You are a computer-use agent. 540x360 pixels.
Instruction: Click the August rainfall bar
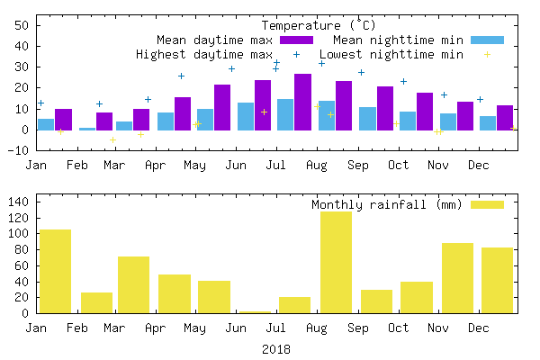(x=336, y=263)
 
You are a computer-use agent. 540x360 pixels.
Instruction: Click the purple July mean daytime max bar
(x=263, y=105)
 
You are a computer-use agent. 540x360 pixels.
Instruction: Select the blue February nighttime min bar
(x=86, y=129)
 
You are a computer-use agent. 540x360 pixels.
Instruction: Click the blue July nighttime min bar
(x=285, y=114)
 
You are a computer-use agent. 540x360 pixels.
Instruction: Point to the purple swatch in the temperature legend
(x=296, y=40)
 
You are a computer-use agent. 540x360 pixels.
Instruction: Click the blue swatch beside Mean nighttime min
(x=488, y=40)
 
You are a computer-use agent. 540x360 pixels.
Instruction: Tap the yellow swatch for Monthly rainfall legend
(x=488, y=204)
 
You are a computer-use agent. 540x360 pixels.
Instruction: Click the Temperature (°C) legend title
(x=319, y=25)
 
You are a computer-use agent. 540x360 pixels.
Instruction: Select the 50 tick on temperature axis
(x=22, y=25)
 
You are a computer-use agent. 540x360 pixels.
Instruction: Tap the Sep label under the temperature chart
(x=357, y=165)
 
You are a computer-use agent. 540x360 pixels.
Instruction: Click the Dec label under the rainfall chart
(x=479, y=328)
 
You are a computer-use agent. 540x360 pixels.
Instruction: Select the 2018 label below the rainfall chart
(x=276, y=348)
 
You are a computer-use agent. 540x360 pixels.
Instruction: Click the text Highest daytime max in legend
(x=203, y=54)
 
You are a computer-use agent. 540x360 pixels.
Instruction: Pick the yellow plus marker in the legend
(x=488, y=54)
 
